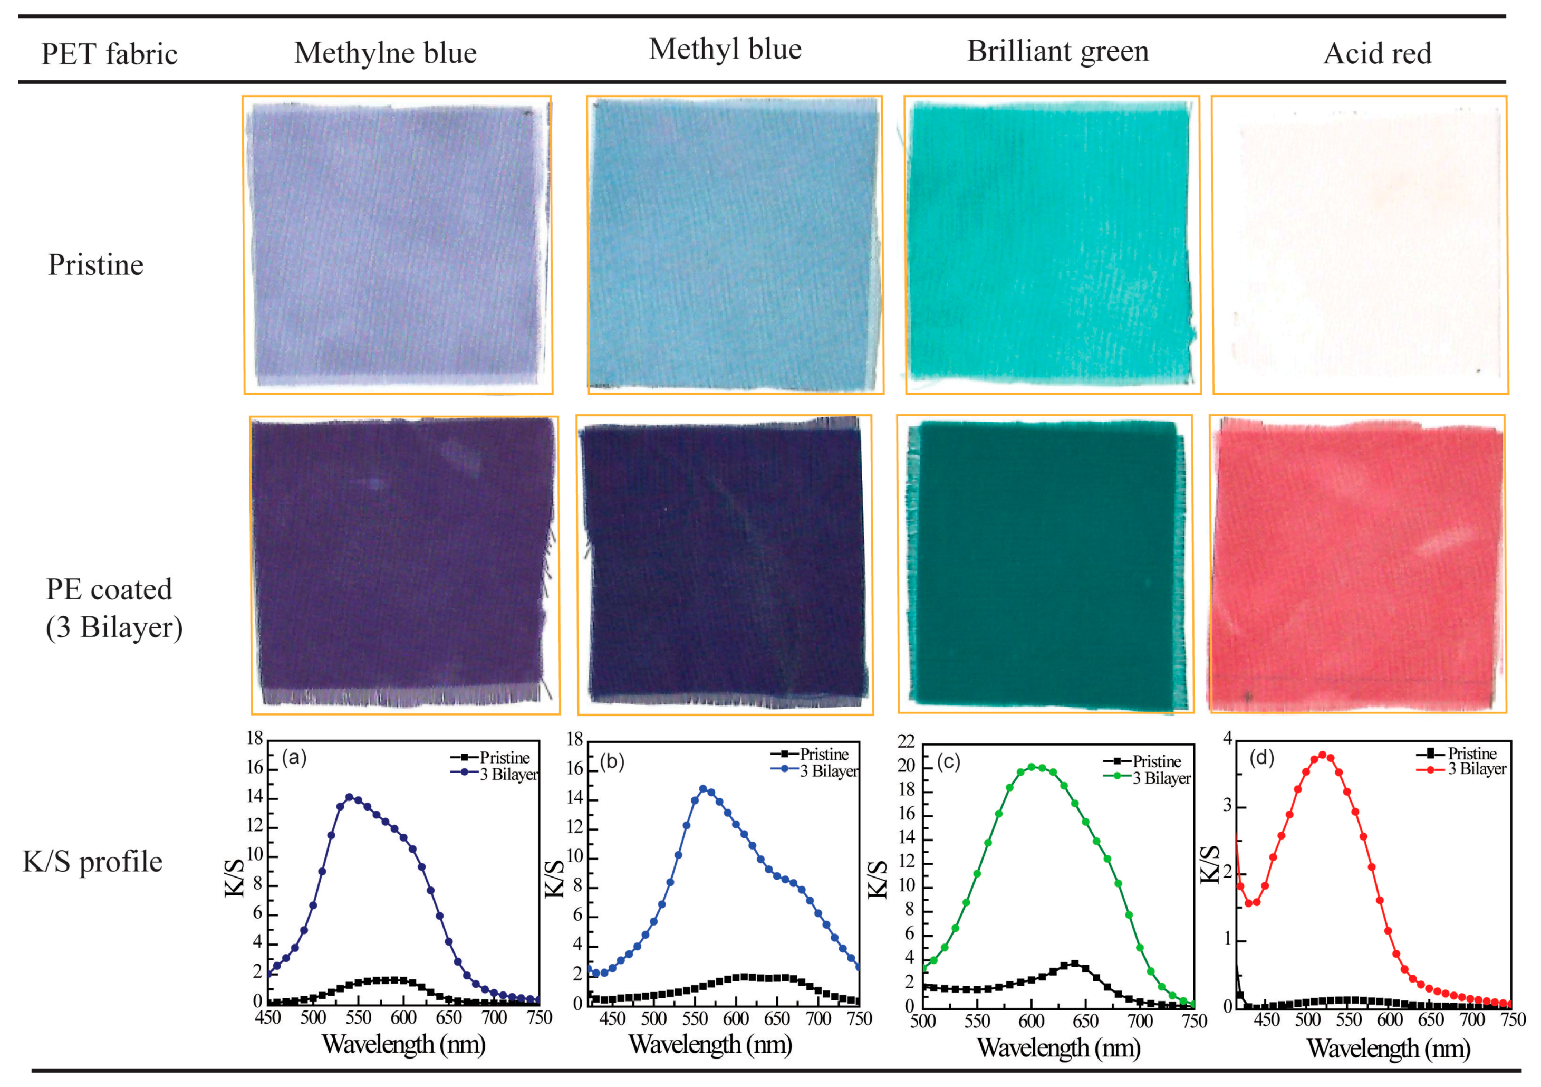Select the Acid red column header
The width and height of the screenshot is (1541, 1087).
click(x=1376, y=54)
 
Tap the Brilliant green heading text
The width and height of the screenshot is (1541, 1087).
click(x=1058, y=51)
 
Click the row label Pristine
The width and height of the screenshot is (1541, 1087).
click(x=95, y=264)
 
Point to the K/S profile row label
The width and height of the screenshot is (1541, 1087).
click(x=93, y=861)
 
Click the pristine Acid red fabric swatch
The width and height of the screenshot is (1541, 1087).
click(x=1360, y=245)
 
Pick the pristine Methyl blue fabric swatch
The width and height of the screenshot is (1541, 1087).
click(x=735, y=245)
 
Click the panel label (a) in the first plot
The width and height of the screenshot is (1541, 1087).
click(x=294, y=758)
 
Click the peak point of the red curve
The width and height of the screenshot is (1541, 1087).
click(x=1323, y=755)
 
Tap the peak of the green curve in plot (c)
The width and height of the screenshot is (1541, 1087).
click(x=1032, y=766)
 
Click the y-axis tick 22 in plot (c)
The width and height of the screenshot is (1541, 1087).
click(x=906, y=741)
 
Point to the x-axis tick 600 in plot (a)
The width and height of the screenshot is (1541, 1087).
click(x=403, y=1018)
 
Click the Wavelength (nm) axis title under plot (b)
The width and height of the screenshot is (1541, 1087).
click(x=710, y=1045)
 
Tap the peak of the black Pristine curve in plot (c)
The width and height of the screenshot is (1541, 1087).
click(x=1075, y=964)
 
